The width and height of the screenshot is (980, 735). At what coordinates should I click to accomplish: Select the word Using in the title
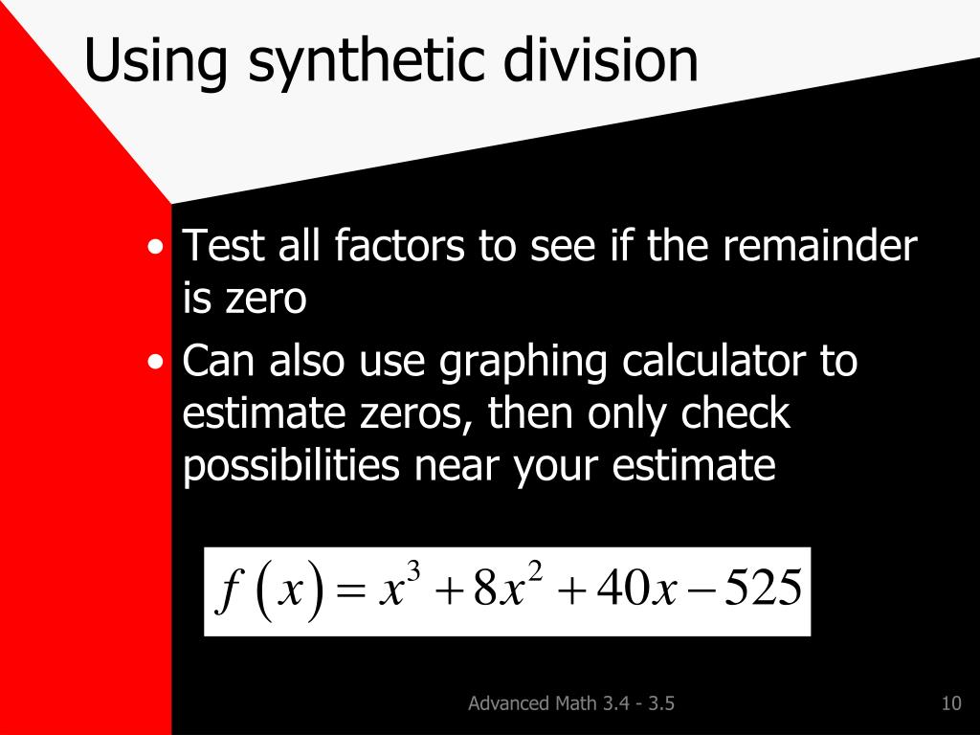click(x=156, y=62)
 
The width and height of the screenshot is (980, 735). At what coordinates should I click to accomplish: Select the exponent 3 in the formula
click(x=413, y=572)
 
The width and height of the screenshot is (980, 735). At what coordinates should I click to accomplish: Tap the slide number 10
click(x=950, y=704)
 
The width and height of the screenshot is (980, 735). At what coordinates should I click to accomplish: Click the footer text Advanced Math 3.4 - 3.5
click(x=571, y=704)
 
